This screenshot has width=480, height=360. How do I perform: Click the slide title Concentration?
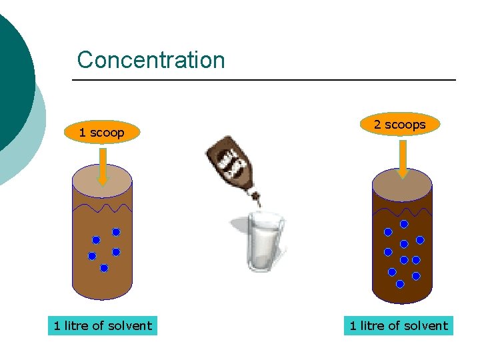(x=151, y=60)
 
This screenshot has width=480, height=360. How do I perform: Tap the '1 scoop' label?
(x=101, y=133)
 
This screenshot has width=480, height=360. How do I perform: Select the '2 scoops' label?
(x=399, y=124)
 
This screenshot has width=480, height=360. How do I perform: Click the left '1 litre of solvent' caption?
(x=103, y=326)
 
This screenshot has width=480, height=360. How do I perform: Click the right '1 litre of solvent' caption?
(x=399, y=326)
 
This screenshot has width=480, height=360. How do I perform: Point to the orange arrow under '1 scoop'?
(x=101, y=166)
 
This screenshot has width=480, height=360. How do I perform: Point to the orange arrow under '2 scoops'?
(x=403, y=159)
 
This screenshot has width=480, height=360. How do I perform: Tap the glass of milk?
(x=265, y=240)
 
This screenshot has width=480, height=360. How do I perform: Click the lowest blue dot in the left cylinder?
(x=104, y=268)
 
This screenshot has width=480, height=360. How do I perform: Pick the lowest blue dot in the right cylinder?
(x=400, y=284)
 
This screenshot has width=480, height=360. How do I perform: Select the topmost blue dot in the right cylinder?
(x=404, y=225)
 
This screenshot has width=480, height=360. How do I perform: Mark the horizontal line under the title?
(x=264, y=81)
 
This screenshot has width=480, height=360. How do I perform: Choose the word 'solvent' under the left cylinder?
(x=129, y=326)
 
